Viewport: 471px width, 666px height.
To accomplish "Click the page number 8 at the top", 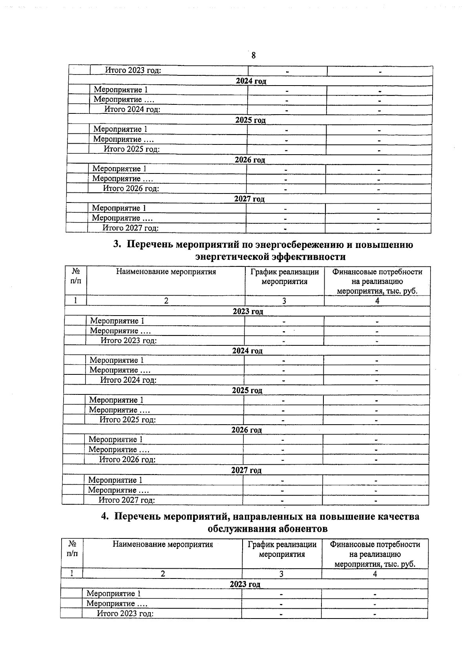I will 253,55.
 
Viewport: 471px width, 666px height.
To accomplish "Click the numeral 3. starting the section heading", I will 117,245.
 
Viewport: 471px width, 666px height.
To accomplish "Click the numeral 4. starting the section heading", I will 105,516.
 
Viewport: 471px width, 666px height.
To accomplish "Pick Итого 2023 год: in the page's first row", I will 133,71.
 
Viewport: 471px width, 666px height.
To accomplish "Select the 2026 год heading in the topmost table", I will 250,160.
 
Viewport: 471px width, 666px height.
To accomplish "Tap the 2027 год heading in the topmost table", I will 249,199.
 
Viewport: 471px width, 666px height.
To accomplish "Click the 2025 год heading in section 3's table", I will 247,390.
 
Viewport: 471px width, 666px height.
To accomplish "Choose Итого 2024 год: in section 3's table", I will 128,380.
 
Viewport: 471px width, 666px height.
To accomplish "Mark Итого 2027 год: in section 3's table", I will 126,500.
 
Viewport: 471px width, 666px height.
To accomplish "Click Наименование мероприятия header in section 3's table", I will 166,272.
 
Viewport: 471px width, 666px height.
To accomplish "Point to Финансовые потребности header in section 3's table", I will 377,272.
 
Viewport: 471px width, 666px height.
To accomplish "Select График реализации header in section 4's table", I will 282,544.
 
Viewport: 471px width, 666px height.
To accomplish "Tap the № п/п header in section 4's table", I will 72,549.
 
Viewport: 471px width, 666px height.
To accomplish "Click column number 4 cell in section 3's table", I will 377,301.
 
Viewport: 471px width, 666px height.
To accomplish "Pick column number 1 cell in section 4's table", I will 71,574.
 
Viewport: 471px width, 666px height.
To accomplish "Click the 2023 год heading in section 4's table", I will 245,584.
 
